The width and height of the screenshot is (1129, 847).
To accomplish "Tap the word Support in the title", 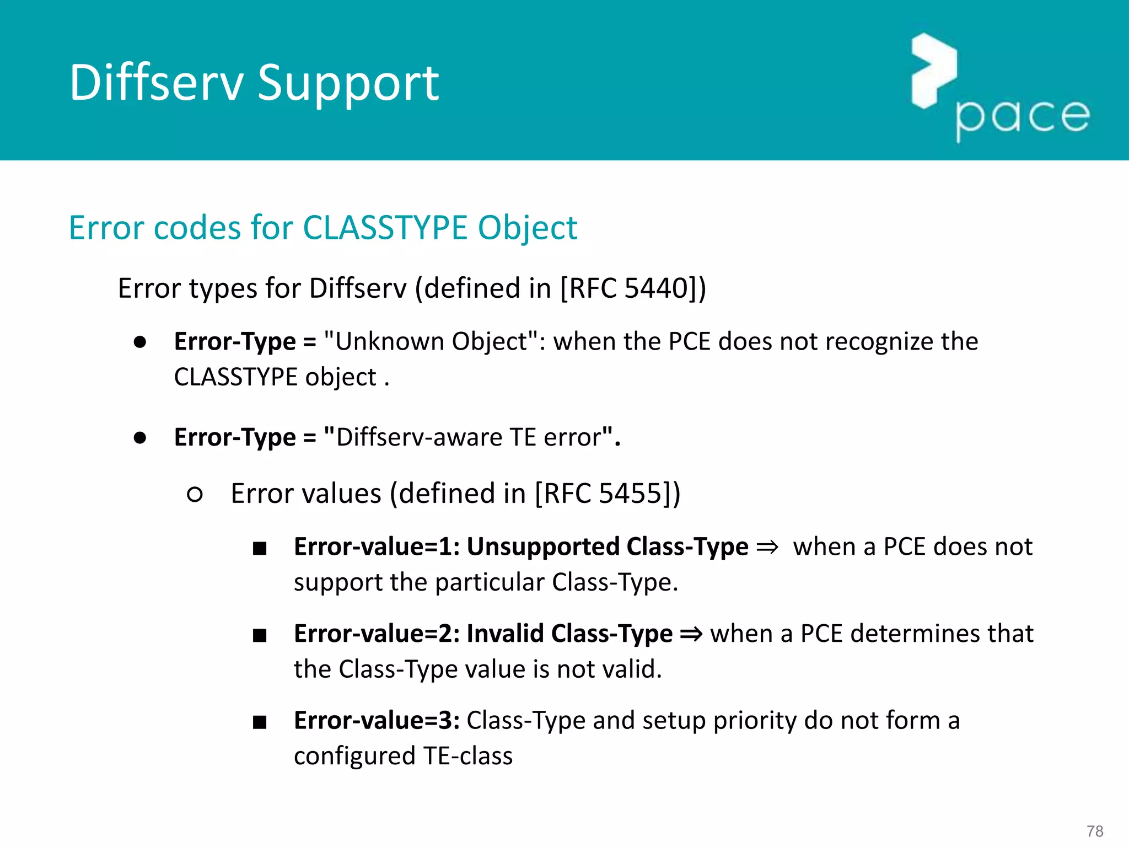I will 348,84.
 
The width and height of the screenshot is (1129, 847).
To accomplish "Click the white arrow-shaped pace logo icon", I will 933,70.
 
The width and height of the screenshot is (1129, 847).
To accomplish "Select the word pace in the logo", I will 1023,116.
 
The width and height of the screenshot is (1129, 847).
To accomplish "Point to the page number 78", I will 1095,830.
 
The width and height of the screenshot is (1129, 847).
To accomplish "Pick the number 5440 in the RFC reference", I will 655,288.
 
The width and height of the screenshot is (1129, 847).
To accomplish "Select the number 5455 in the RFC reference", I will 630,493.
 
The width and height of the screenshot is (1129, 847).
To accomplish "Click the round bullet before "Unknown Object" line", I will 140,342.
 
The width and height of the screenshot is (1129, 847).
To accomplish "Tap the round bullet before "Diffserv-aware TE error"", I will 140,438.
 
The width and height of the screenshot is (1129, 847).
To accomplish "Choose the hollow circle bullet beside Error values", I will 195,494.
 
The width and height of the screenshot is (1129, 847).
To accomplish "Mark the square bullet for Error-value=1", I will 260,548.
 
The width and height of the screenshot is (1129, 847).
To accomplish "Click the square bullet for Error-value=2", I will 260,635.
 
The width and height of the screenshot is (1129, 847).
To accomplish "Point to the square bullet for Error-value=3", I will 260,722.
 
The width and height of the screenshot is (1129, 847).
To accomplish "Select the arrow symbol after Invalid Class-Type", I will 691,634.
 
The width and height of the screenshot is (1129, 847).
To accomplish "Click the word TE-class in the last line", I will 468,755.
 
